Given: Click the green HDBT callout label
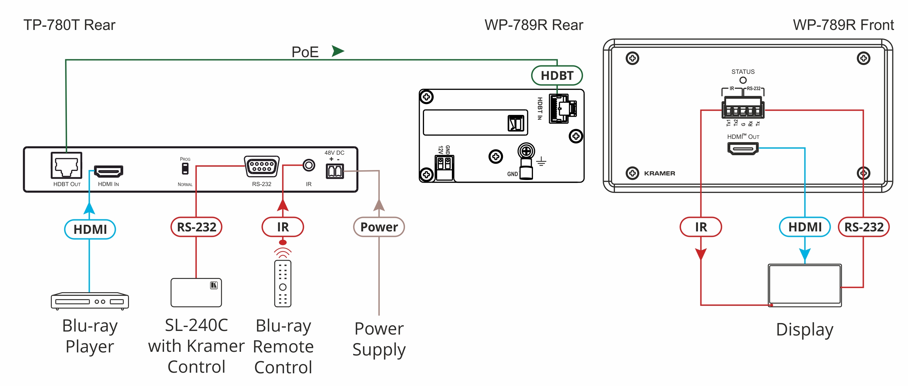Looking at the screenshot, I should pyautogui.click(x=557, y=75).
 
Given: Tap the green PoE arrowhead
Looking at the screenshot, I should pyautogui.click(x=337, y=51).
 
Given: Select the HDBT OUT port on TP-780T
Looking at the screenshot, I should pyautogui.click(x=66, y=165).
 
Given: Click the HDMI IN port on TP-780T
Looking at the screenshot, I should pyautogui.click(x=108, y=171).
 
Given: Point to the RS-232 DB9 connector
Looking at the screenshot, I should pyautogui.click(x=262, y=166).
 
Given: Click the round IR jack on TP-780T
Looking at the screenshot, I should pyautogui.click(x=308, y=165).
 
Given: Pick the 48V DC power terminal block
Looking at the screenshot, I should pyautogui.click(x=334, y=171).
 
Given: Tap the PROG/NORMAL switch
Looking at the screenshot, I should pyautogui.click(x=185, y=169).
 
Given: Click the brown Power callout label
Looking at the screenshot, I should pyautogui.click(x=379, y=227).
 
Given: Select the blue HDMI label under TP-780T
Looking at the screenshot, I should pyautogui.click(x=90, y=229).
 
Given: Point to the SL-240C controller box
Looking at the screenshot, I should pyautogui.click(x=196, y=292).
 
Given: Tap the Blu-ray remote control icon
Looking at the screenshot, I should pyautogui.click(x=282, y=283).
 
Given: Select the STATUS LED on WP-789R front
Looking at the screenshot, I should pyautogui.click(x=743, y=80).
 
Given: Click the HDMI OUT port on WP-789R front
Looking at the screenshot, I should pyautogui.click(x=743, y=148).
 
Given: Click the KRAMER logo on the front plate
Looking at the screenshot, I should pyautogui.click(x=659, y=173).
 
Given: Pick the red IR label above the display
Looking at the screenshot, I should pyautogui.click(x=700, y=227).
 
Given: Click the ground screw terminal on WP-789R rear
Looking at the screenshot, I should pyautogui.click(x=526, y=152).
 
